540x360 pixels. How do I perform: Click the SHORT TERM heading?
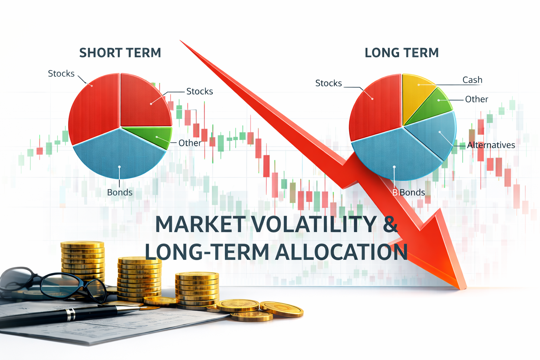[x=120, y=53]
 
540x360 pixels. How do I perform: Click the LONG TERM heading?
[x=401, y=53]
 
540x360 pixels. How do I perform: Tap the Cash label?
[x=472, y=80]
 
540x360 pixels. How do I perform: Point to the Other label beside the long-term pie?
[x=476, y=99]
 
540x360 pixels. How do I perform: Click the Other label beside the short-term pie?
[x=189, y=143]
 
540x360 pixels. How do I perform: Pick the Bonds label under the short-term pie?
[x=120, y=192]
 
